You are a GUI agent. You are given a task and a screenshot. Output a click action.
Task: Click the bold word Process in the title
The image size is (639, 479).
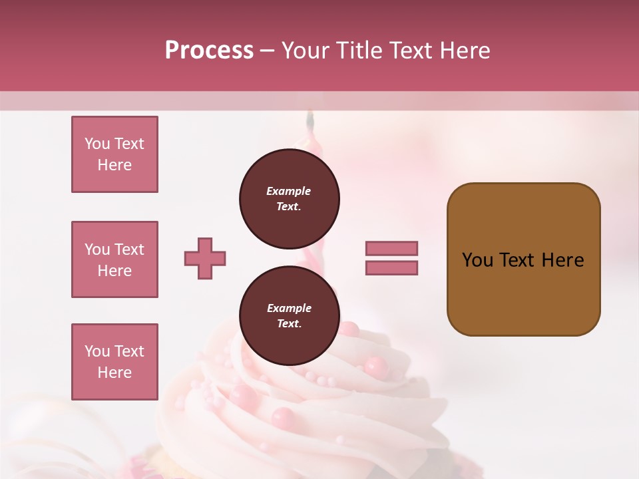pyautogui.click(x=209, y=51)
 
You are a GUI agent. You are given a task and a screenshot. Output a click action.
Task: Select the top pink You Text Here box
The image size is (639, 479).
pyautogui.click(x=114, y=154)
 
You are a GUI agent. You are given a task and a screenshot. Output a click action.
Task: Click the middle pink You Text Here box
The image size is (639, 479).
pyautogui.click(x=114, y=259)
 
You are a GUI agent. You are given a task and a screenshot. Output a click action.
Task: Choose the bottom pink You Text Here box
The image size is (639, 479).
pyautogui.click(x=114, y=362)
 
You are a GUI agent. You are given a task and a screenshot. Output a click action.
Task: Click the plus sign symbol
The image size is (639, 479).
pyautogui.click(x=205, y=258)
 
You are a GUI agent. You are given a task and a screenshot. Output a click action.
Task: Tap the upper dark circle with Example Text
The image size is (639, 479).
pyautogui.click(x=289, y=199)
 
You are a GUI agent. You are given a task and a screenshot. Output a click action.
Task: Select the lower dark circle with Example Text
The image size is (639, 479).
pyautogui.click(x=289, y=316)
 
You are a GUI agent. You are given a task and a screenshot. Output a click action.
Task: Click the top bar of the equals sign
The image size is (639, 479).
pyautogui.click(x=391, y=249)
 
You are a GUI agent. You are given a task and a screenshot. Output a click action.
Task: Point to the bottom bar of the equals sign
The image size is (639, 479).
pyautogui.click(x=391, y=267)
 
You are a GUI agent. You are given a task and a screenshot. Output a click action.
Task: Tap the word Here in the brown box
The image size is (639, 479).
pyautogui.click(x=562, y=260)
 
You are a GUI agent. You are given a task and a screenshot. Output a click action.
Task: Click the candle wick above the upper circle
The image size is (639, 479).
pyautogui.click(x=310, y=120)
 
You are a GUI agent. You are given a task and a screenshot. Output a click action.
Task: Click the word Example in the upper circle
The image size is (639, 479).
pyautogui.click(x=289, y=192)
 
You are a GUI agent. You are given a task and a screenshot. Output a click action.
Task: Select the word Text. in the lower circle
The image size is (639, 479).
pyautogui.click(x=289, y=324)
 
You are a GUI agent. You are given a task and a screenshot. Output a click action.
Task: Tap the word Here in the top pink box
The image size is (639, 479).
pyautogui.click(x=114, y=165)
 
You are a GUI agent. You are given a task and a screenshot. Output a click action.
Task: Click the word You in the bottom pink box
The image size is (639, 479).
pyautogui.click(x=97, y=351)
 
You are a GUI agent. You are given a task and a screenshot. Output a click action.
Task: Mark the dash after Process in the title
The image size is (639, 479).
pyautogui.click(x=268, y=51)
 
